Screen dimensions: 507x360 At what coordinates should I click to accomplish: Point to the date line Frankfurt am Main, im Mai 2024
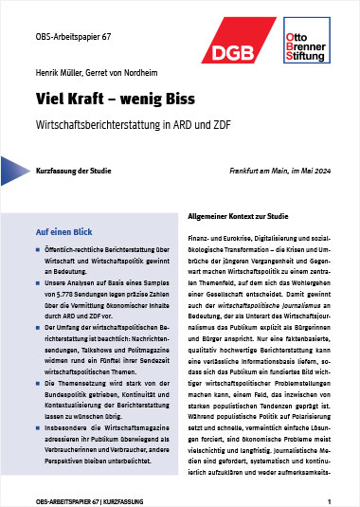(273, 169)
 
